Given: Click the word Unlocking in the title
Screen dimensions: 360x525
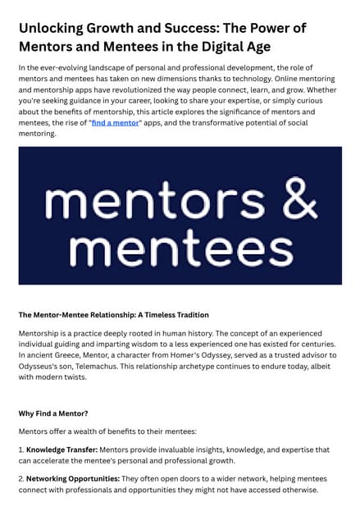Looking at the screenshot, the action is tap(55, 27).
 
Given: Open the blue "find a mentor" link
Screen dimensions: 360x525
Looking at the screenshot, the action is tap(116, 121).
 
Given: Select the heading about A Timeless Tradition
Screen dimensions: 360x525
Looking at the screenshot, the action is tap(113, 314).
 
